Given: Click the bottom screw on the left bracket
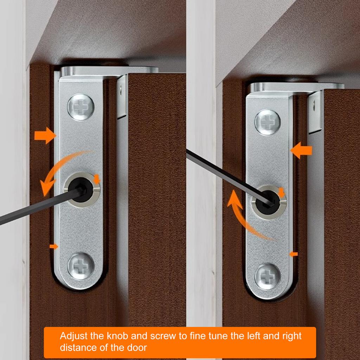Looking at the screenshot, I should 81,265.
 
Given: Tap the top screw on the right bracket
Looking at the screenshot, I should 268,122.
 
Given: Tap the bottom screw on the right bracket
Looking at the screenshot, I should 268,276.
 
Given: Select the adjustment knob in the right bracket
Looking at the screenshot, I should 269,202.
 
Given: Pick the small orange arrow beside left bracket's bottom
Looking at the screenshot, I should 53,247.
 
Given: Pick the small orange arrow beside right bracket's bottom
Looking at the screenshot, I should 293,253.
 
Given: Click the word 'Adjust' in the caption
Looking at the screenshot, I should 74,336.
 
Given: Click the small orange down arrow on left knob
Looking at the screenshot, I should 97,180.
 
